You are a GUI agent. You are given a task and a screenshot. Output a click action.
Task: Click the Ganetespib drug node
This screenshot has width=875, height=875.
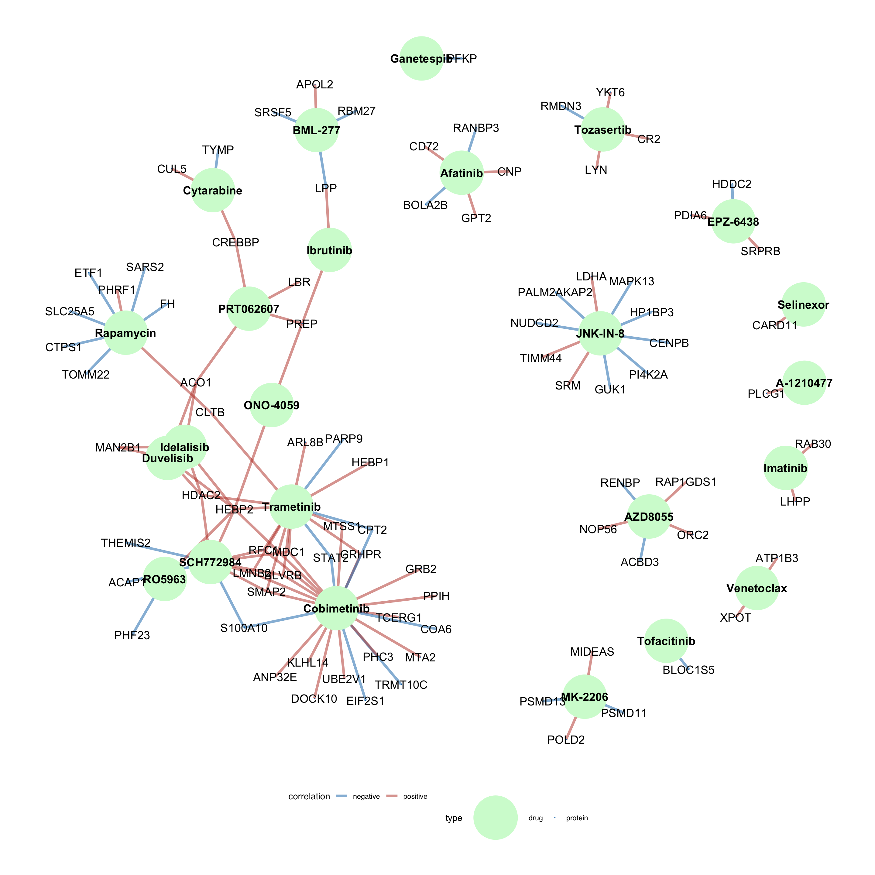click(x=421, y=58)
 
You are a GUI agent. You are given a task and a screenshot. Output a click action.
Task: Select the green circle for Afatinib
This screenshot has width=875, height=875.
click(x=462, y=173)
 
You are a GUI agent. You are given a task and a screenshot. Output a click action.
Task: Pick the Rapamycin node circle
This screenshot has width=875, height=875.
click(x=125, y=333)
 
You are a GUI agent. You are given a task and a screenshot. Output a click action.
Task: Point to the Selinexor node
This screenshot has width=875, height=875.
click(x=803, y=304)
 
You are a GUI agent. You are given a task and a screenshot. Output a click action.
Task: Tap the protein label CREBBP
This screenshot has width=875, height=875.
click(x=235, y=243)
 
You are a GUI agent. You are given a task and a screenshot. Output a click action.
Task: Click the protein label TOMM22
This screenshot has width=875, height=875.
click(x=86, y=375)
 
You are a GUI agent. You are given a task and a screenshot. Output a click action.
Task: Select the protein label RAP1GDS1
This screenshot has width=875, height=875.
click(x=686, y=482)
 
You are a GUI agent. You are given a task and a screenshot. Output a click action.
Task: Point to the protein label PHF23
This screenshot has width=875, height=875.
click(x=132, y=635)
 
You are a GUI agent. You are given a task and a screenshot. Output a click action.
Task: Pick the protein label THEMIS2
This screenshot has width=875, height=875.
click(x=125, y=543)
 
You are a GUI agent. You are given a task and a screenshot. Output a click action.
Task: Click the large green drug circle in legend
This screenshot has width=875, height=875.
click(x=496, y=818)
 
